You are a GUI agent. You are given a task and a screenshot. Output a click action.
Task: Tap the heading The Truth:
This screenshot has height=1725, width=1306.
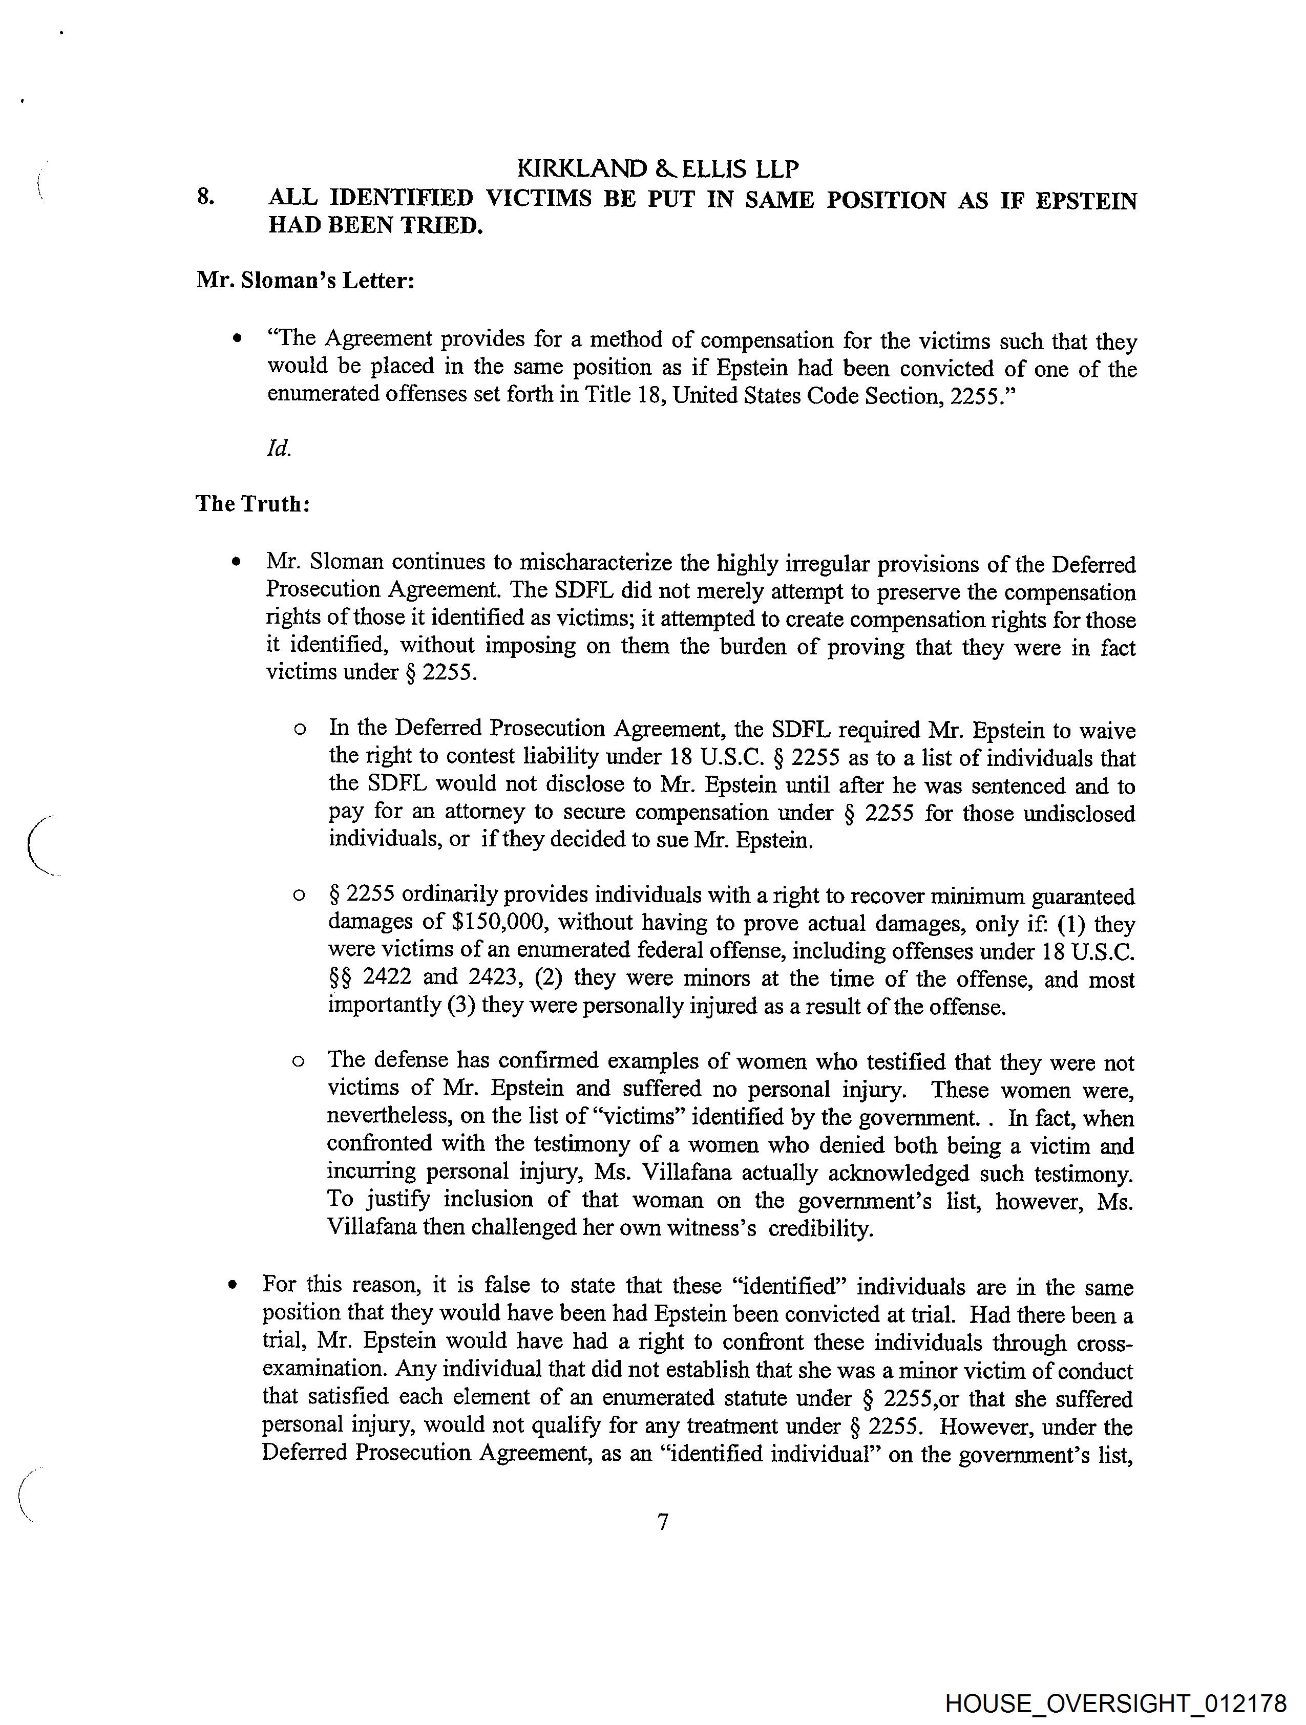pos(253,504)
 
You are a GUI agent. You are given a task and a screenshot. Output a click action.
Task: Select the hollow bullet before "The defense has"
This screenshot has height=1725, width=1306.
pos(298,1061)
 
